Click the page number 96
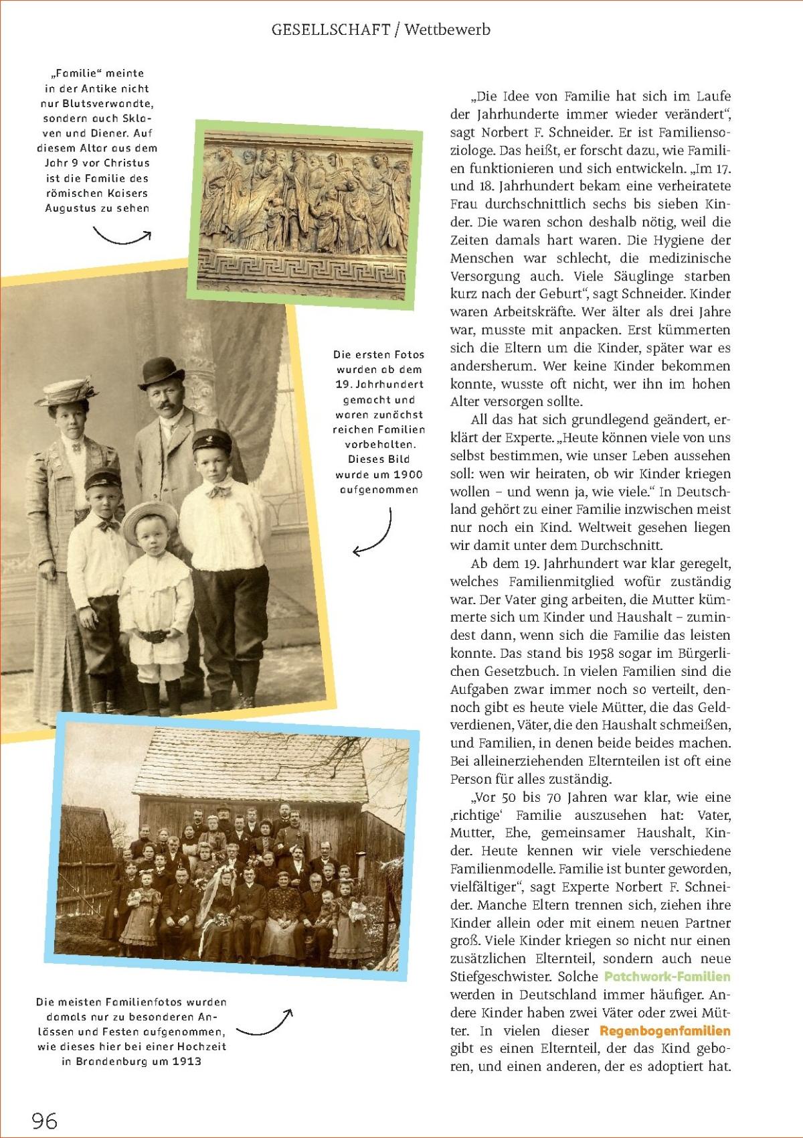[x=45, y=1120]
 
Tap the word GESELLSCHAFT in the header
[x=331, y=29]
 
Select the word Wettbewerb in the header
[x=447, y=29]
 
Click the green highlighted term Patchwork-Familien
[x=666, y=977]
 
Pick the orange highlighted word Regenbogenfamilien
[x=664, y=1031]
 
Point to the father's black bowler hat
[x=161, y=372]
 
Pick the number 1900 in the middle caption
[x=408, y=474]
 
